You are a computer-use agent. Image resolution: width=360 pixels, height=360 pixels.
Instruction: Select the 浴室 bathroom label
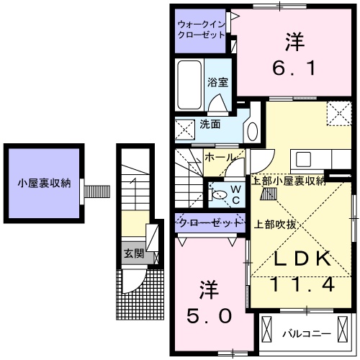(217, 81)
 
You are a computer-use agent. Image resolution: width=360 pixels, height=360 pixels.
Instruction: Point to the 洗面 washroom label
(210, 125)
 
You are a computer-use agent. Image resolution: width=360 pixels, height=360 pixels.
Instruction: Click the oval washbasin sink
(251, 130)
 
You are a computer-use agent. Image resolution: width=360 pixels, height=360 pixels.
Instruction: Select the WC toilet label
(235, 194)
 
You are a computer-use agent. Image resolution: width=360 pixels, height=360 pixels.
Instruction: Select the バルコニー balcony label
(305, 334)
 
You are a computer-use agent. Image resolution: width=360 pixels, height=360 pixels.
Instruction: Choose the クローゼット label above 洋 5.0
(210, 224)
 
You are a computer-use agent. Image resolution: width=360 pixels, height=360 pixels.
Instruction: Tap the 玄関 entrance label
(132, 253)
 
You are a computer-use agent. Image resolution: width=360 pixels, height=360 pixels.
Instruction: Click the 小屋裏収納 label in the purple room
(44, 183)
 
